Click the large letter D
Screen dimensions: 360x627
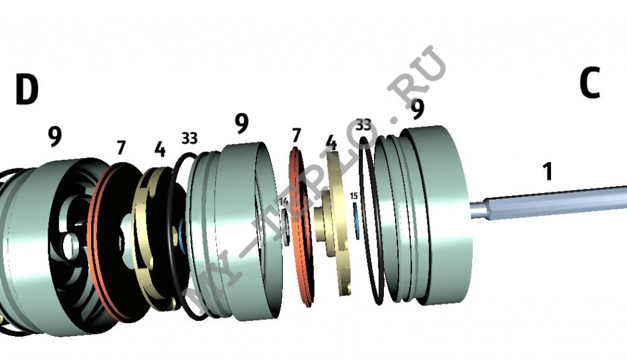[x=26, y=90]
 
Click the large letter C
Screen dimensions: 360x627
[x=589, y=84]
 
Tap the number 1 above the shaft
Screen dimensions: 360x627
[x=548, y=172]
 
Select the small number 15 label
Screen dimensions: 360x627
[x=353, y=196]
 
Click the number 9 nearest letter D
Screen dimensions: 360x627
[x=55, y=137]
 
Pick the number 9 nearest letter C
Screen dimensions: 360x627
[x=417, y=110]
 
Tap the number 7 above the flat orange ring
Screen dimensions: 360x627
[x=296, y=134]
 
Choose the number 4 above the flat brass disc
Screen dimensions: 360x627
[x=331, y=143]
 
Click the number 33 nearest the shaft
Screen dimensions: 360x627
[x=363, y=125]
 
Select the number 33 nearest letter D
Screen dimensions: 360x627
[x=189, y=138]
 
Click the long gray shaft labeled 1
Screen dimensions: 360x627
[x=551, y=201]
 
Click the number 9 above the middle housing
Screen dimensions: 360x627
[x=242, y=124]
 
